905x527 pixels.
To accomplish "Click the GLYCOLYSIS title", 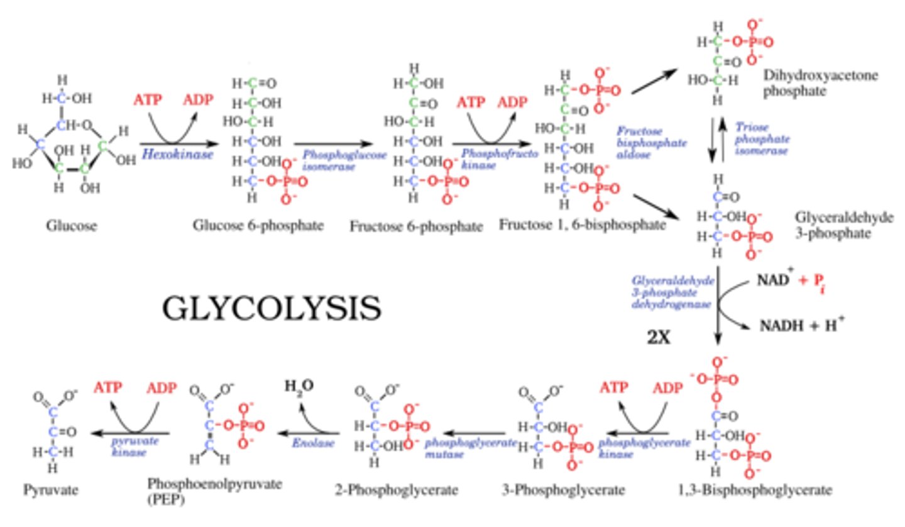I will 272,309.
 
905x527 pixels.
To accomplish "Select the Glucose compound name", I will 72,225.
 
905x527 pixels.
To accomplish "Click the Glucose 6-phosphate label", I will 258,225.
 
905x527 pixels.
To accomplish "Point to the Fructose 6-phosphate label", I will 417,225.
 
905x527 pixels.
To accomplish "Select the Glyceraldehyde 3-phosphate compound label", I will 843,225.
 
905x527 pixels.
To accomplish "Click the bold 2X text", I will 659,337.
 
